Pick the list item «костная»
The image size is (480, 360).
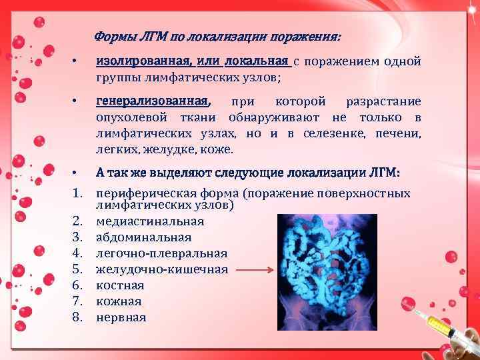120,285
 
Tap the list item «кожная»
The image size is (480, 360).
119,301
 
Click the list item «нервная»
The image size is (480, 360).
121,317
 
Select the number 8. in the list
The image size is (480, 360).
77,317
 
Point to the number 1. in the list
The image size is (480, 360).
77,193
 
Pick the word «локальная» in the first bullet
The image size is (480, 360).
258,62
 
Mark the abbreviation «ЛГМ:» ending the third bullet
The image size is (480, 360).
385,173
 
